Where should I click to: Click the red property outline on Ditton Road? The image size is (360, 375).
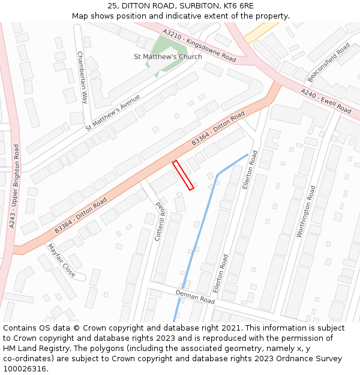click(x=183, y=175)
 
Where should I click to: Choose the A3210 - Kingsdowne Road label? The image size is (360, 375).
click(x=200, y=44)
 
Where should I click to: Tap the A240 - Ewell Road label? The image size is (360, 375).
click(x=326, y=100)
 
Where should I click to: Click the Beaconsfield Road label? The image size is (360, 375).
click(x=329, y=62)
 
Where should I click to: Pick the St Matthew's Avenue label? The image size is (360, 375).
click(x=113, y=112)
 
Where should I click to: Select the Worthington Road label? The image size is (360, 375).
click(x=306, y=211)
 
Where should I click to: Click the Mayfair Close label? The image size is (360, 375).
click(x=61, y=260)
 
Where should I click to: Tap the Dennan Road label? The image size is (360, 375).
click(x=195, y=296)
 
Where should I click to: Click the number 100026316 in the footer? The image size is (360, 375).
click(x=24, y=368)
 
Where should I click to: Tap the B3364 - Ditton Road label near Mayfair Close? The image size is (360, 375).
click(x=80, y=215)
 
